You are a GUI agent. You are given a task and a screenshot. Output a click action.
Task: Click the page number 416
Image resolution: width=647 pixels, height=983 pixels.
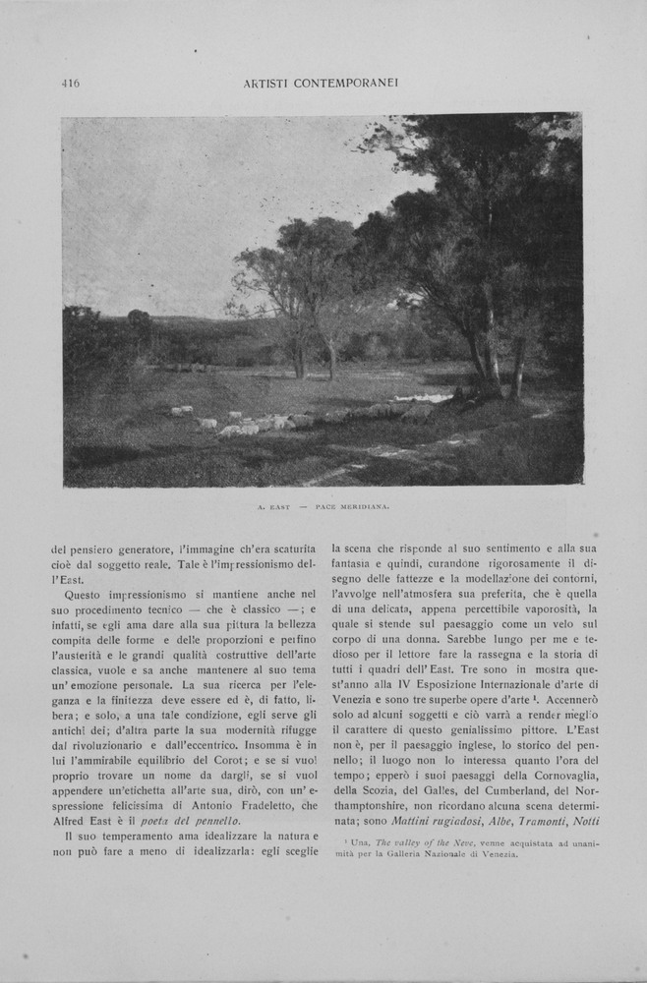70,84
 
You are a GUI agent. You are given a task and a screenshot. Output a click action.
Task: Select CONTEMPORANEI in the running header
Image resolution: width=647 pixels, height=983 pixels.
348,84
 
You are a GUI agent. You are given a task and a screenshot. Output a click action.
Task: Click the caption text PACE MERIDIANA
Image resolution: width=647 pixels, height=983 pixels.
354,506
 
